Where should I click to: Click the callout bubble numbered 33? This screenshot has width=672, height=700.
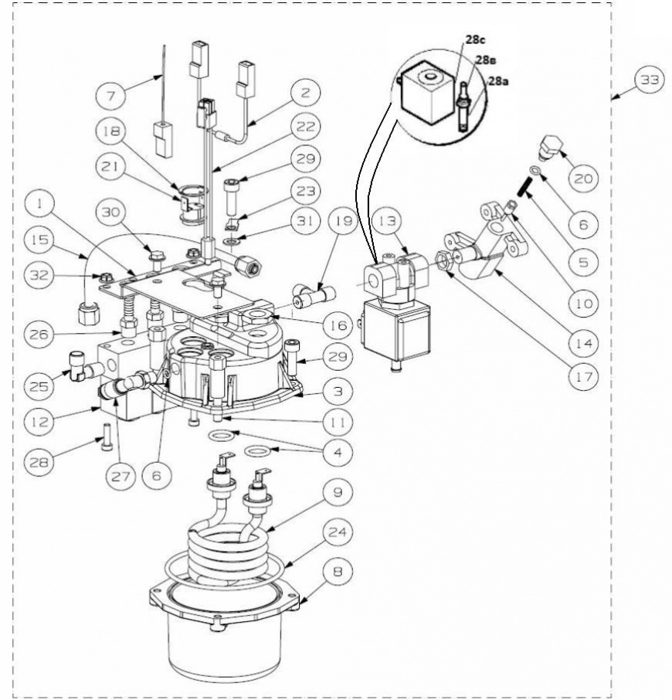click(650, 80)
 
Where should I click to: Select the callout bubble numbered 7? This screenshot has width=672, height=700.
click(110, 95)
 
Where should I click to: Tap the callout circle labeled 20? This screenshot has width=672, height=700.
click(584, 178)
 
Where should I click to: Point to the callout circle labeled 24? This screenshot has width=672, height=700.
click(338, 532)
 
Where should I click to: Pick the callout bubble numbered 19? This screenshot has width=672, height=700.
click(343, 220)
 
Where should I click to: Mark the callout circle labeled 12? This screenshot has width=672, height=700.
click(39, 421)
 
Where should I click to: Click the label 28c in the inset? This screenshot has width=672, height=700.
click(476, 40)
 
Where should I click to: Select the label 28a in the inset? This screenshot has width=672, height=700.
click(498, 81)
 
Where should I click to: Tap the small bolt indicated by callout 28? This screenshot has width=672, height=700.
click(107, 437)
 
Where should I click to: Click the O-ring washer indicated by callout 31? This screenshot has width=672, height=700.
click(232, 242)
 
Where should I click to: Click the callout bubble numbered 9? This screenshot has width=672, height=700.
click(338, 492)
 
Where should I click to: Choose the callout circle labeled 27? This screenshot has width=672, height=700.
click(120, 477)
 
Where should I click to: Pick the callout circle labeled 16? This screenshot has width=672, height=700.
click(338, 325)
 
